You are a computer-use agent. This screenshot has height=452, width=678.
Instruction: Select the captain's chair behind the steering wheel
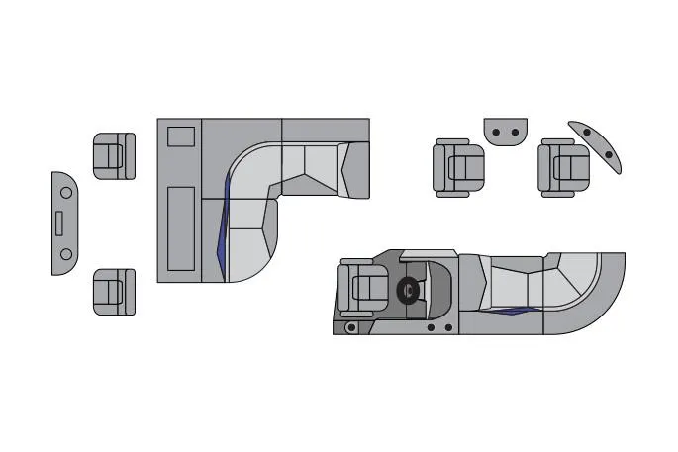[x=361, y=288]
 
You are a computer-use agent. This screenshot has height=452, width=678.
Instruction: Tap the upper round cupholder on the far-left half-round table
[x=66, y=190]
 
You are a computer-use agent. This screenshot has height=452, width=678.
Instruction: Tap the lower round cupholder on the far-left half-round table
[x=66, y=254]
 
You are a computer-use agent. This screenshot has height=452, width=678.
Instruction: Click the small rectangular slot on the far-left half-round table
[x=58, y=223]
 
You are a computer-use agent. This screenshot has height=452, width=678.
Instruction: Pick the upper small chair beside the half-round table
[x=113, y=156]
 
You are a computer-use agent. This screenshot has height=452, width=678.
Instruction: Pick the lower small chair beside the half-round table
[x=113, y=292]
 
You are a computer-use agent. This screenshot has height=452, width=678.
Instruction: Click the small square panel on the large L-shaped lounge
[x=180, y=136]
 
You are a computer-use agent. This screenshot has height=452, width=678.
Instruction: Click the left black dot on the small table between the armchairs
[x=498, y=131]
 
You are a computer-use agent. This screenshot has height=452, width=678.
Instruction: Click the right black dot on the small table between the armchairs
[x=514, y=131]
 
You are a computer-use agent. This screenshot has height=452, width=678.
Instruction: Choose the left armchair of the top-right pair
[x=458, y=167]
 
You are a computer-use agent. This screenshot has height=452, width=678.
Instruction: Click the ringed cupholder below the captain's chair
[x=350, y=326]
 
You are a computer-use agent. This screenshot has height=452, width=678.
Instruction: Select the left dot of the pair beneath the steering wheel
[x=432, y=327]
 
